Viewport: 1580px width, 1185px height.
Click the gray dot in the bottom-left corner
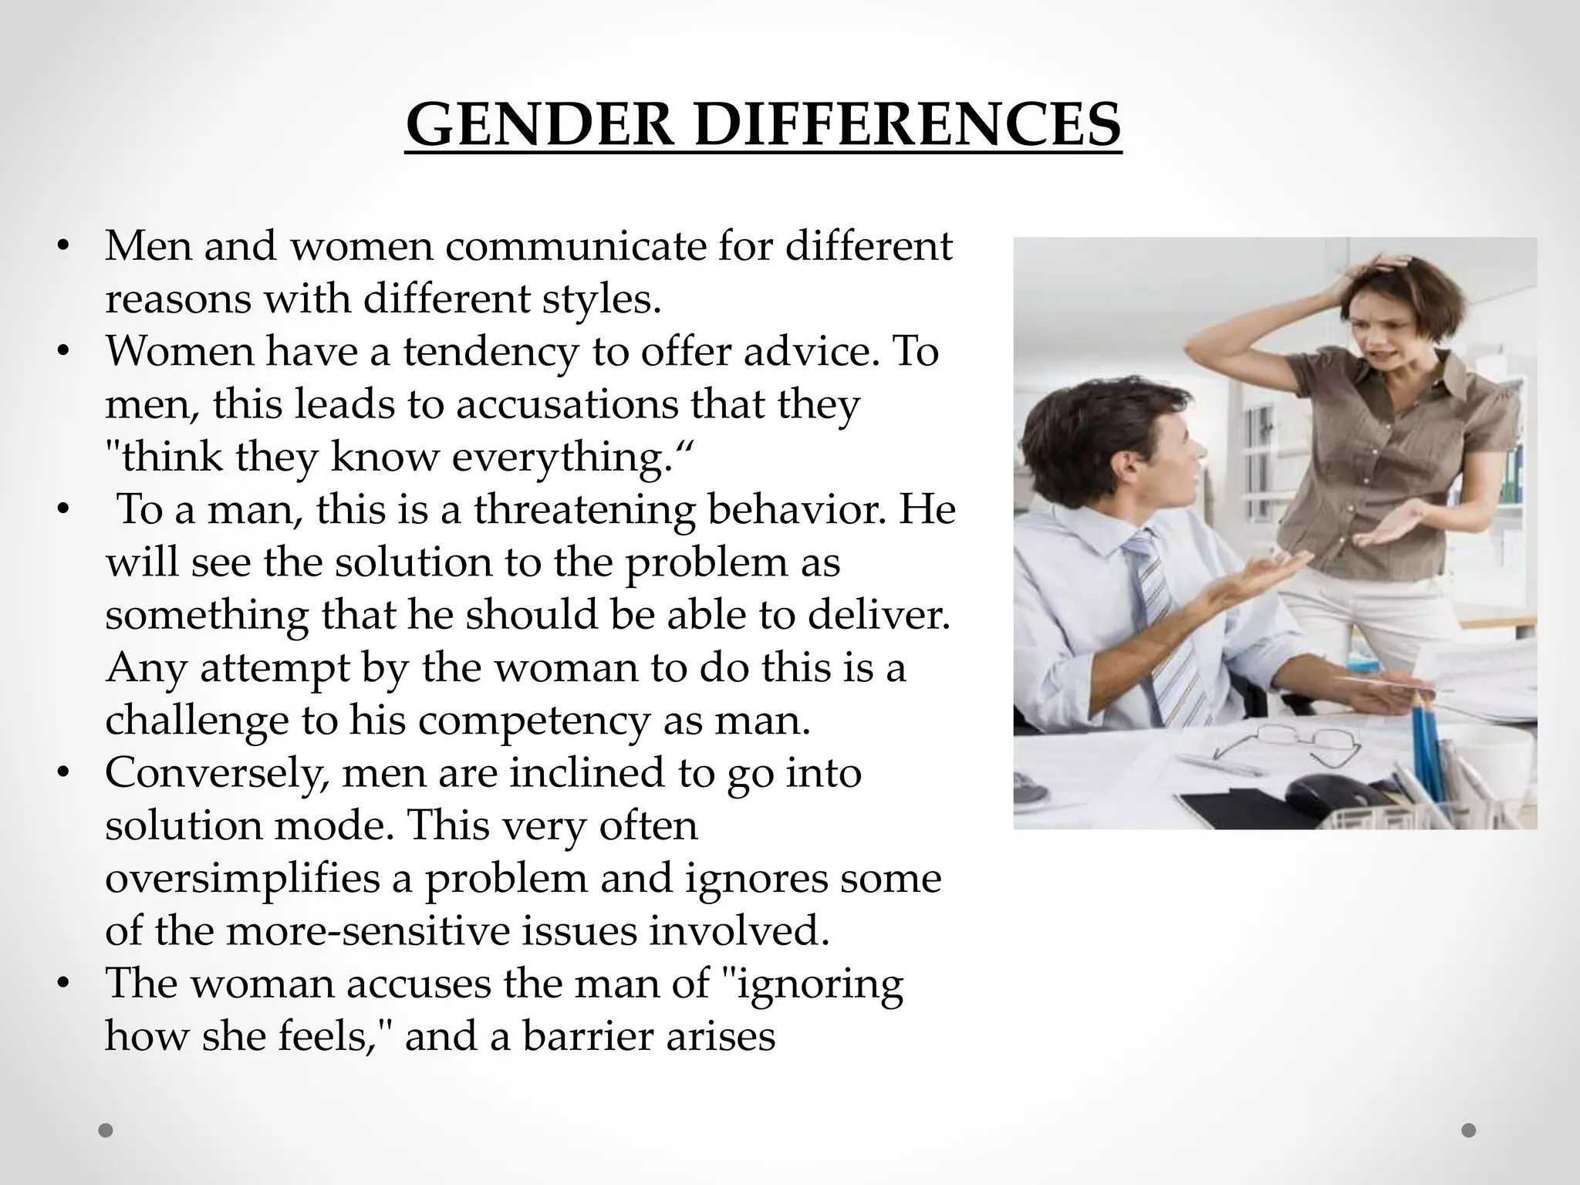tap(106, 1131)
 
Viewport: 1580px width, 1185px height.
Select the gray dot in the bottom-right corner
tap(1469, 1130)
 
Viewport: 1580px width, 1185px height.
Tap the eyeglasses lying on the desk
tap(1273, 744)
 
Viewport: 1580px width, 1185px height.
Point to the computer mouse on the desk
tap(1326, 792)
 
